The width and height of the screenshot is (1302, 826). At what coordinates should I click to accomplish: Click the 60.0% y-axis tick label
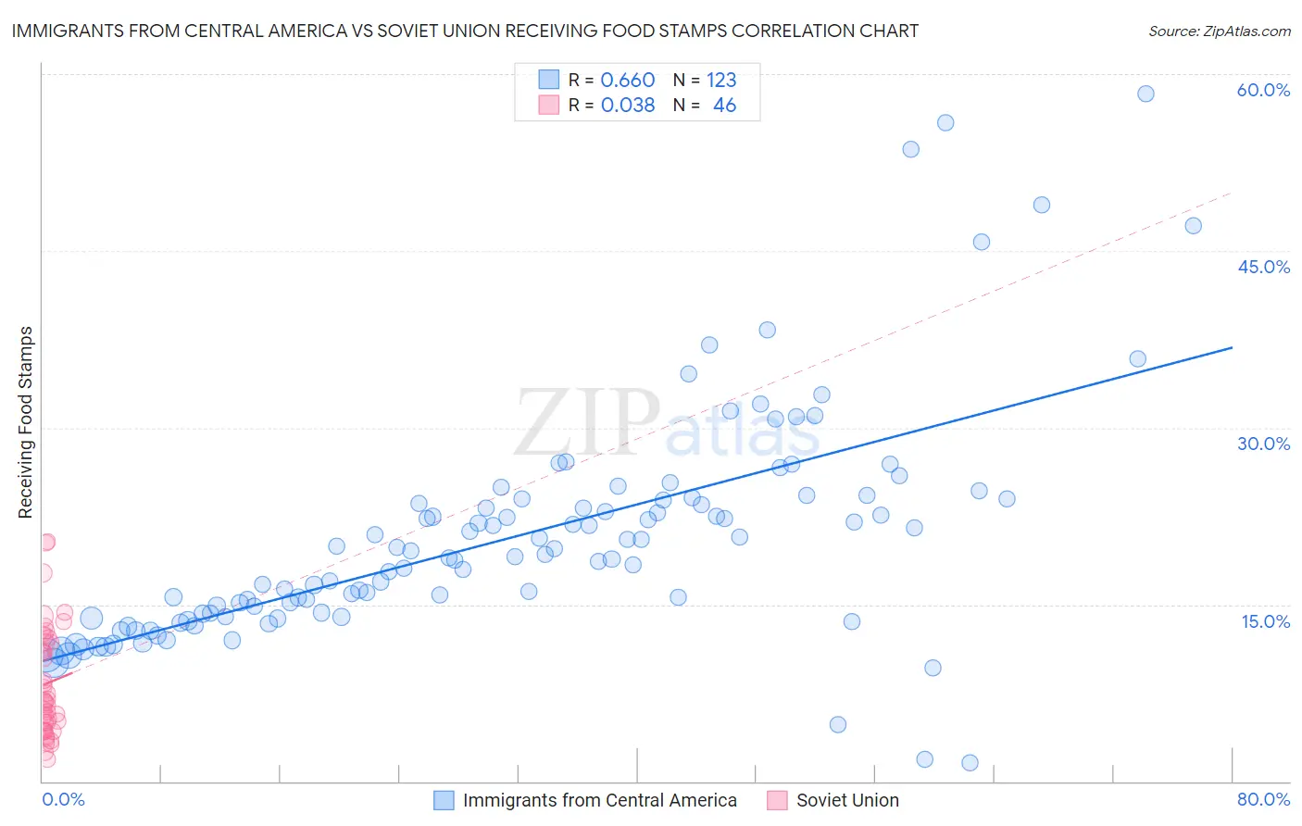click(x=1263, y=90)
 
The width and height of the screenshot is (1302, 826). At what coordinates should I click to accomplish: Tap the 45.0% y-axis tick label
click(x=1263, y=267)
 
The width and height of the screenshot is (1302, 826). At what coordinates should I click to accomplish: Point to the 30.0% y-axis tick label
click(x=1263, y=444)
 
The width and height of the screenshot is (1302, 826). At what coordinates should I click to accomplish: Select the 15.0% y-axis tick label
click(x=1265, y=621)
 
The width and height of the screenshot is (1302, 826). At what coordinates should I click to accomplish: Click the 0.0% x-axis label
click(x=63, y=799)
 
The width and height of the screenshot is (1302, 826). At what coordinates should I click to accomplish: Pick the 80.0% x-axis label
click(x=1263, y=799)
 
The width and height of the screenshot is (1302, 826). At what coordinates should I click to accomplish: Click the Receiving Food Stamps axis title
click(x=25, y=422)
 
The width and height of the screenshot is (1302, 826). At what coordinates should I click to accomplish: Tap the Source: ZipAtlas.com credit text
click(x=1219, y=31)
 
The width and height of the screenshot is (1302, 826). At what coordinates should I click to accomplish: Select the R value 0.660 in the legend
click(x=628, y=80)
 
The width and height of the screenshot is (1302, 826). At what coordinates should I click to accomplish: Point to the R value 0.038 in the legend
click(x=628, y=106)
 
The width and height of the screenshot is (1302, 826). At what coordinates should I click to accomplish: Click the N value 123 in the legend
click(x=721, y=80)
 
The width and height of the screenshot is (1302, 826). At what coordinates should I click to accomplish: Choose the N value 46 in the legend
click(x=724, y=106)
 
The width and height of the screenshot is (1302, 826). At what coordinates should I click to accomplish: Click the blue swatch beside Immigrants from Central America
click(x=444, y=800)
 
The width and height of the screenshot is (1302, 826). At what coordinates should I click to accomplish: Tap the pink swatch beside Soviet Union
click(x=778, y=800)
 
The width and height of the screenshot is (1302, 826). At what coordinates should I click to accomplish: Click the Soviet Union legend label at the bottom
click(x=847, y=800)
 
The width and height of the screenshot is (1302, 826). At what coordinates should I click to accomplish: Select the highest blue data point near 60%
click(x=1146, y=94)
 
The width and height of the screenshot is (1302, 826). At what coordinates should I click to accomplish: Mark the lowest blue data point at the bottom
click(x=970, y=763)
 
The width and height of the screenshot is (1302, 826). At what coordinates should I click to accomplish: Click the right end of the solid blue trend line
click(x=1232, y=347)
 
